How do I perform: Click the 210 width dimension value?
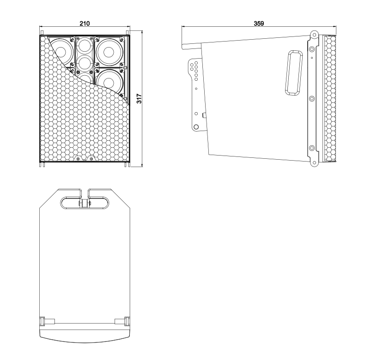85,24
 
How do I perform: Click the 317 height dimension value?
139,99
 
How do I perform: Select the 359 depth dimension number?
259,24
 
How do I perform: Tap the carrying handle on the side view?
294,72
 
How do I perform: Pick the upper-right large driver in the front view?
109,52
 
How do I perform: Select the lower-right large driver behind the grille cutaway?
109,82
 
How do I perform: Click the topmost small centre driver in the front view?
85,46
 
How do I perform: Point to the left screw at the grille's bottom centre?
78,159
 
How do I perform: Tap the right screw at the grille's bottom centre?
91,159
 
